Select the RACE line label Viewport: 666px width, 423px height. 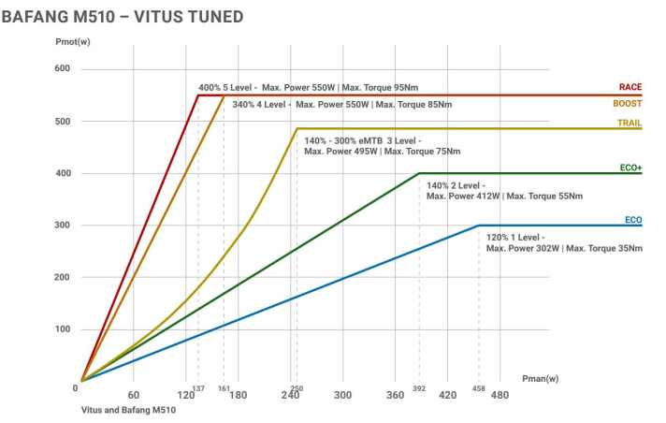click(x=630, y=87)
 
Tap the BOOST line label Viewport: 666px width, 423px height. click(x=627, y=104)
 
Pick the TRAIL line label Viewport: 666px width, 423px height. click(x=629, y=123)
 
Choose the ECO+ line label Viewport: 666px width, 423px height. click(x=630, y=168)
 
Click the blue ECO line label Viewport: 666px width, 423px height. click(x=633, y=220)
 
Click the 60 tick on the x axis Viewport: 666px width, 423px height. click(x=134, y=396)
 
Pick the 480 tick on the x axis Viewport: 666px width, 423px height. click(x=500, y=396)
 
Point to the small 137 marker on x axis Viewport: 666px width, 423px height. click(x=197, y=387)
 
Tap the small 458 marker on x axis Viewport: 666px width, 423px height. click(x=478, y=387)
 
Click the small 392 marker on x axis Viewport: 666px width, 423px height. click(x=418, y=387)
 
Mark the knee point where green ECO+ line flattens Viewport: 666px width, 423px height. click(x=418, y=173)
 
